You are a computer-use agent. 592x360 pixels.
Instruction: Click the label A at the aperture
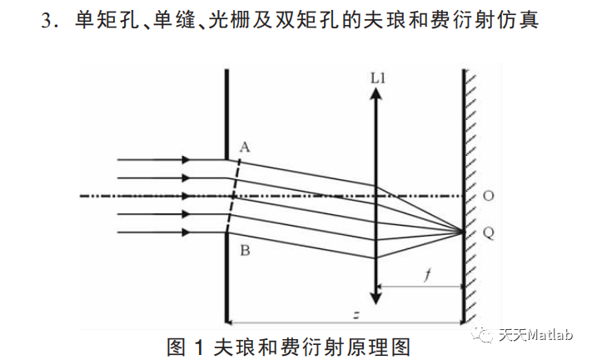[244, 146]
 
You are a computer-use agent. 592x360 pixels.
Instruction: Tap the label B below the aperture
[244, 249]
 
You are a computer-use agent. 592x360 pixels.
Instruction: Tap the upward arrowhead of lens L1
[376, 93]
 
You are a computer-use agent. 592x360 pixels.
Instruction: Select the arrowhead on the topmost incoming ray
[185, 159]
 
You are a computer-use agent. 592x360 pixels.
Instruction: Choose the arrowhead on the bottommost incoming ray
[185, 232]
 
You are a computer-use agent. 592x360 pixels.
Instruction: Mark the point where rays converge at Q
[463, 232]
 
